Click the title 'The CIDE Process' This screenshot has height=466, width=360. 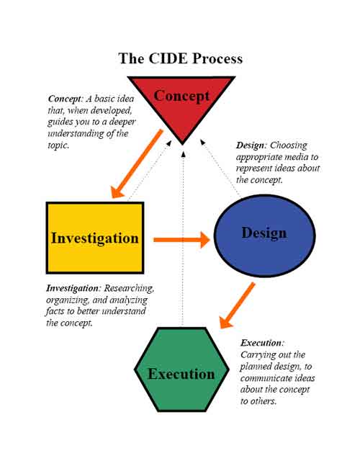click(180, 58)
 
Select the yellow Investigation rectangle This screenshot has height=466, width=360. click(95, 238)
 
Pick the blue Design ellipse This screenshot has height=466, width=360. click(264, 236)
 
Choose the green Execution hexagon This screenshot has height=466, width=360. click(181, 369)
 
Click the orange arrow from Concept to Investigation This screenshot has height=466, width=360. click(137, 163)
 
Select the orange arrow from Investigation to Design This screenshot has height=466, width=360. click(181, 240)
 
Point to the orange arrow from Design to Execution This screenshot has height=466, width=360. click(237, 305)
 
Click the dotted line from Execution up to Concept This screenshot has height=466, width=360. click(183, 238)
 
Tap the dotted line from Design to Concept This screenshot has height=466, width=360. click(220, 169)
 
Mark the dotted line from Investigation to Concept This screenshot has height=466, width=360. click(150, 170)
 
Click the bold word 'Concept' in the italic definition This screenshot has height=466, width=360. click(65, 99)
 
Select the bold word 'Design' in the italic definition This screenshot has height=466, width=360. click(250, 145)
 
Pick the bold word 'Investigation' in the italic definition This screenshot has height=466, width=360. click(72, 288)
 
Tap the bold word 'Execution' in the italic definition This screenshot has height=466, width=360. click(261, 343)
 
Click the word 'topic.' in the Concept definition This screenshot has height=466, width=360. click(58, 145)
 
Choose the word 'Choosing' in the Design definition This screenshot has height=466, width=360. click(289, 145)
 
